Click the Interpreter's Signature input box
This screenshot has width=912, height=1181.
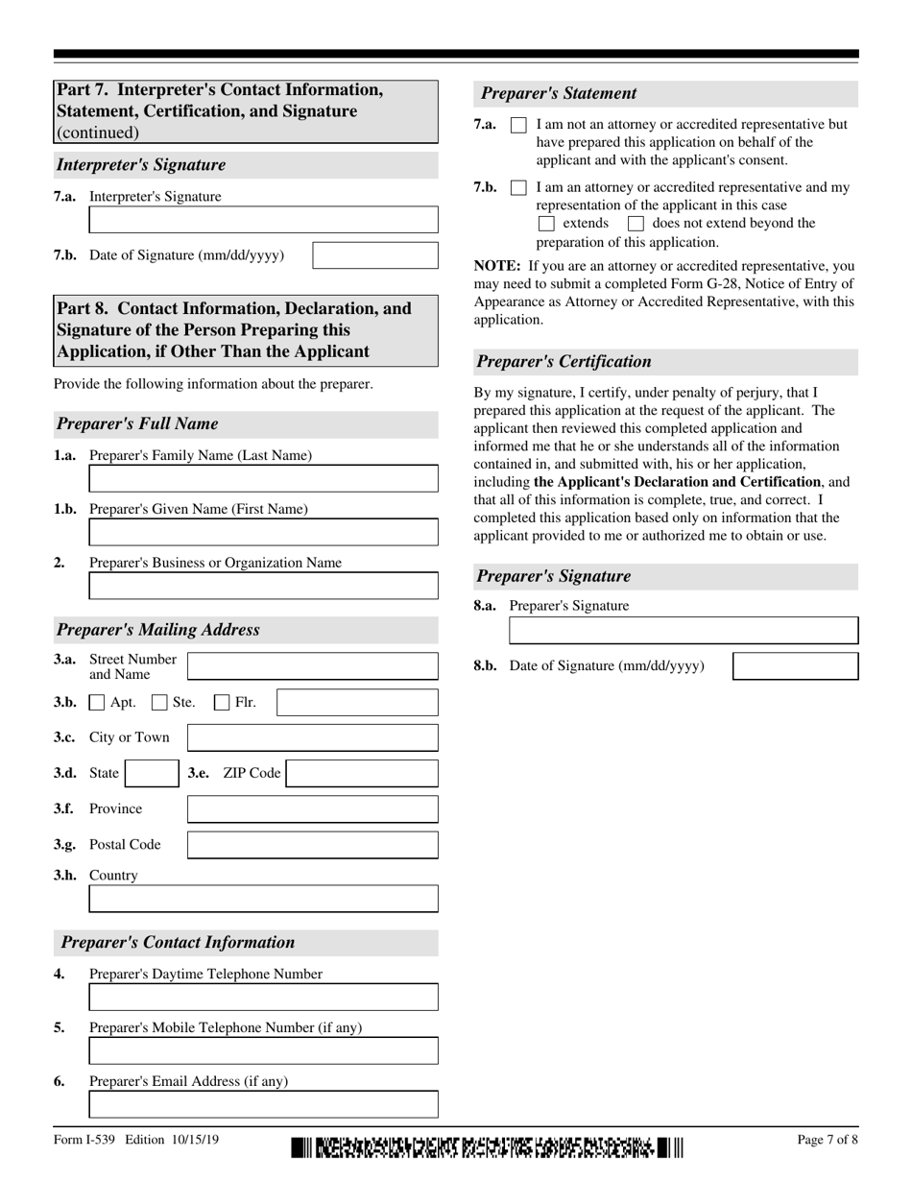[263, 220]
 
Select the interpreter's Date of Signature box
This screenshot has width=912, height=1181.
[375, 255]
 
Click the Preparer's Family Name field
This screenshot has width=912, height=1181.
[263, 478]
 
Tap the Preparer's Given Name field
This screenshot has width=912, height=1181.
[263, 532]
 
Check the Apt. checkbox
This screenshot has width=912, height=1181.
[97, 703]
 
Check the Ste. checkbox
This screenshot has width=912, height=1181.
[160, 703]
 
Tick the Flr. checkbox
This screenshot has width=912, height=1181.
[222, 703]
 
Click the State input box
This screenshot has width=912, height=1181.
[151, 774]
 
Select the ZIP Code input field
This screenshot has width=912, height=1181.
[362, 774]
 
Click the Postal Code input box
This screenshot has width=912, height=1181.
[312, 845]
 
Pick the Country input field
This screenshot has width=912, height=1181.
[263, 899]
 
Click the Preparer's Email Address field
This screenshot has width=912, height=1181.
[263, 1104]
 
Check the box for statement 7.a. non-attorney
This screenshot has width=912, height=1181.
[518, 125]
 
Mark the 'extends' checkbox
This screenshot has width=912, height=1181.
[546, 224]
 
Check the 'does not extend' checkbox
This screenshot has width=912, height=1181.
[636, 224]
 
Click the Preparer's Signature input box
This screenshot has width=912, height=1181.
[684, 631]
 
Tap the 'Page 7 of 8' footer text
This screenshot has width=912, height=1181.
[828, 1141]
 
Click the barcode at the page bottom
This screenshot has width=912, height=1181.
[488, 1147]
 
